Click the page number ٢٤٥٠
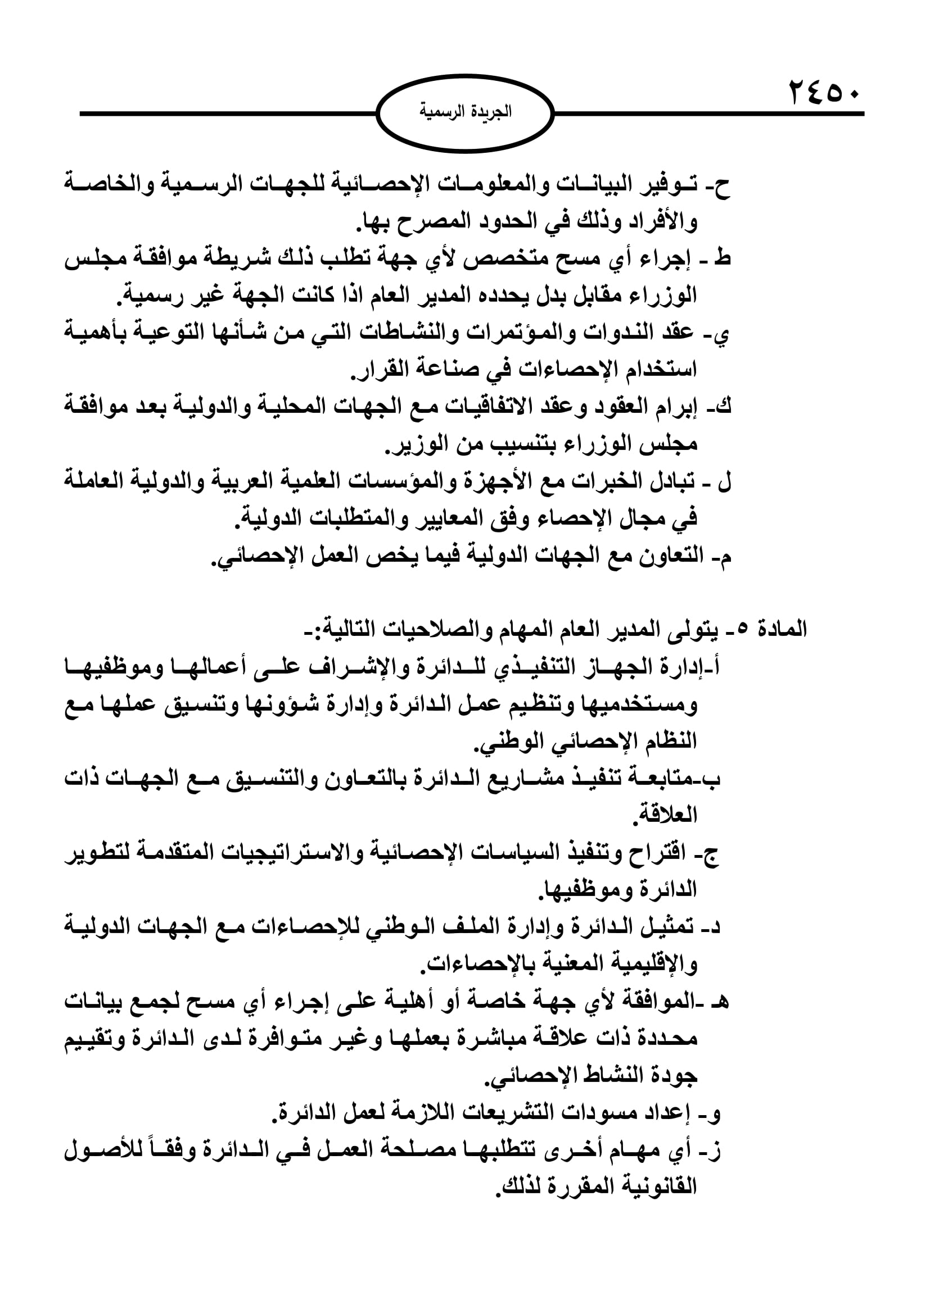pyautogui.click(x=824, y=93)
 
